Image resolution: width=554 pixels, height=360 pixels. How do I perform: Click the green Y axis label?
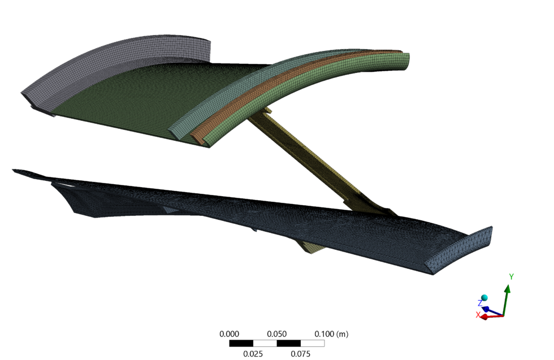click(x=511, y=276)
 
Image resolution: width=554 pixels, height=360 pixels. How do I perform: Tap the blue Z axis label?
click(x=480, y=303)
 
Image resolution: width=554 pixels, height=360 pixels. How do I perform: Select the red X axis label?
click(x=478, y=314)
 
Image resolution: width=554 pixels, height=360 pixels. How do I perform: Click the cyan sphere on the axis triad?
click(x=484, y=298)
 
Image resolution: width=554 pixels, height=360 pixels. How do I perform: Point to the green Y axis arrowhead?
click(x=508, y=289)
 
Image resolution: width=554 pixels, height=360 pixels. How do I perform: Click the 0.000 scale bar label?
click(x=230, y=334)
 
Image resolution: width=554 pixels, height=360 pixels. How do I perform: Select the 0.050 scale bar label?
click(x=277, y=334)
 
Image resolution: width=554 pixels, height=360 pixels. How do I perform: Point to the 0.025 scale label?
click(x=253, y=354)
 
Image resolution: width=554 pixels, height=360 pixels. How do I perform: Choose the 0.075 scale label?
click(x=301, y=354)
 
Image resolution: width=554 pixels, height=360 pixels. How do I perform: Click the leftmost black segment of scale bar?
click(x=241, y=343)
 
